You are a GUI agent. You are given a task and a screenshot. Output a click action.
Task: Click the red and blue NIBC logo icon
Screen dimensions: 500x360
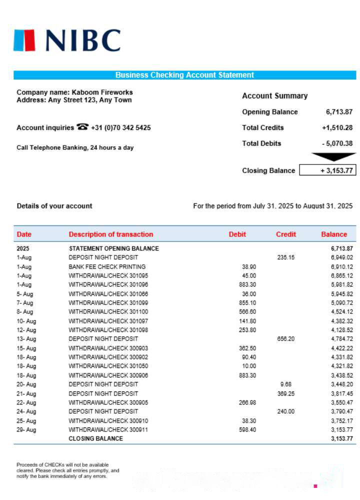pos(24,40)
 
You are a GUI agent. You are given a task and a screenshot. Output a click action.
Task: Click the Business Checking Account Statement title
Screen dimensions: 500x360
pos(184,75)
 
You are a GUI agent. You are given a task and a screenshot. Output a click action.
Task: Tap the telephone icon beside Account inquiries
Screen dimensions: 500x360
pos(82,127)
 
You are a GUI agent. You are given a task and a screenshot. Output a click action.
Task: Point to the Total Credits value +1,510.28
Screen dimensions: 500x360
pos(337,127)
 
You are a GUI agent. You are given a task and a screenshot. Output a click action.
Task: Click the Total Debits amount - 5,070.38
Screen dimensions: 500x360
pos(337,143)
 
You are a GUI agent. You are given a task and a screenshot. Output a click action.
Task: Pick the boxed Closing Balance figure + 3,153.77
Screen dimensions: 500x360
pos(327,170)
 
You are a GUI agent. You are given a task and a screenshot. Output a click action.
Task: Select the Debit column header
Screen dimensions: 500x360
pos(237,234)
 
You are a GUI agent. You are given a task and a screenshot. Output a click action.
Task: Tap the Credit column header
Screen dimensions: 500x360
pos(286,234)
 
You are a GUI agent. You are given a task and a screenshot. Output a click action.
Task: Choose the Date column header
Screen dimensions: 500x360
pos(24,234)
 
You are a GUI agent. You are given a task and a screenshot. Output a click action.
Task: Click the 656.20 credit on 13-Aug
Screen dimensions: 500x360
pos(286,339)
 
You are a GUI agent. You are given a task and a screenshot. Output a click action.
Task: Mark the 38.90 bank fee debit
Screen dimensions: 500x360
pos(248,266)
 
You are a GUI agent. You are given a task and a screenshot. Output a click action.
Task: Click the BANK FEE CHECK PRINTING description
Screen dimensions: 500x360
pos(107,266)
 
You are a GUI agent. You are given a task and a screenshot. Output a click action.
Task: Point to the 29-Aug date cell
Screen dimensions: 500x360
pos(26,429)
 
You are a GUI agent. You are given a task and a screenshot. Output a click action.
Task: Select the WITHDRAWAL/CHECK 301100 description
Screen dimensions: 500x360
pos(108,311)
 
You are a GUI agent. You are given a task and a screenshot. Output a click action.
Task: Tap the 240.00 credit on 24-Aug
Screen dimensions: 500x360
pos(286,411)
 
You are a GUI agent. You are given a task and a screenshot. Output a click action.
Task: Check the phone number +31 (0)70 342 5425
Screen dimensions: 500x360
pos(120,127)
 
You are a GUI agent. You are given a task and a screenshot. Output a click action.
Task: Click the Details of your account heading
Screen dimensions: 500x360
pos(54,206)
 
